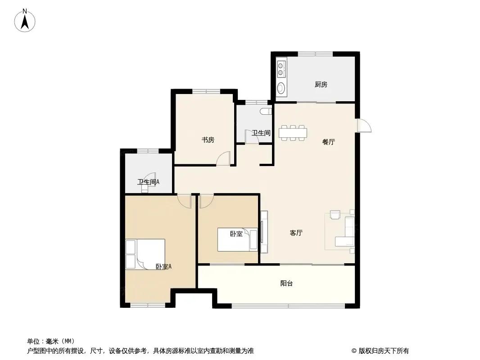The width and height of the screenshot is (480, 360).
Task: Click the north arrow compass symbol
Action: pos(25,20)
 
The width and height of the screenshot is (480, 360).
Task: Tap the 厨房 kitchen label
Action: pos(321,85)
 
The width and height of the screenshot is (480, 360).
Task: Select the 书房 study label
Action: pos(208,140)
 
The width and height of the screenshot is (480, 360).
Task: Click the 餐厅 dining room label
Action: pos(328,142)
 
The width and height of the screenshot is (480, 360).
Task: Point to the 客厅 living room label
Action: pos(296,233)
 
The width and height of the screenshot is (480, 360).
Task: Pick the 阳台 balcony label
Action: pos(286,283)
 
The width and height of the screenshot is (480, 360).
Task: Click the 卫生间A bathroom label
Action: pos(148,182)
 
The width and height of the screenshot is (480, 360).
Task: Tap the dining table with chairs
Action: pos(293,133)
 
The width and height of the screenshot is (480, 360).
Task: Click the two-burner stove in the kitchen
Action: pos(281,69)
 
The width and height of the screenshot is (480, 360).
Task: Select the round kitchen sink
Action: pos(281,88)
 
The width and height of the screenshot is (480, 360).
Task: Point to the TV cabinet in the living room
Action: pos(264,232)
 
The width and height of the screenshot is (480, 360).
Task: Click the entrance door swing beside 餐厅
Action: pos(364,126)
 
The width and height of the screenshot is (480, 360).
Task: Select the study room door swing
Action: pos(223,158)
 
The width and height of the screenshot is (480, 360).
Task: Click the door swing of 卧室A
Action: pos(184,201)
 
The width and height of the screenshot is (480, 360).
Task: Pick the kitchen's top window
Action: pos(315,54)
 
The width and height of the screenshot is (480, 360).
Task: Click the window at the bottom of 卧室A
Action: pos(148,305)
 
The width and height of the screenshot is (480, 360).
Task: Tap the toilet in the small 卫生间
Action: pos(266,112)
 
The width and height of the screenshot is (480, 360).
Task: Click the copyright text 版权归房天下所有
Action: pos(384,351)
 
